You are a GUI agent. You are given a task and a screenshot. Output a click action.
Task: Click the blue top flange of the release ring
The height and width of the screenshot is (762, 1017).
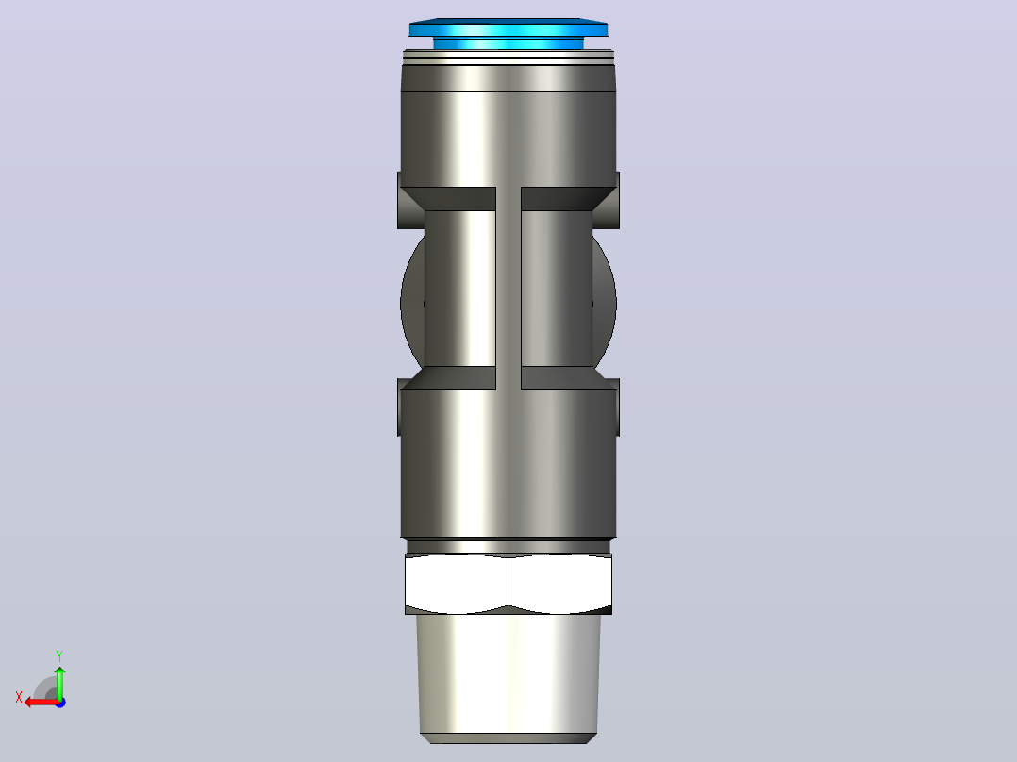508,27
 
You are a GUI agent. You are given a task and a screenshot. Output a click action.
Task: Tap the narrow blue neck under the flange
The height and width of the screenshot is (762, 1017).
508,43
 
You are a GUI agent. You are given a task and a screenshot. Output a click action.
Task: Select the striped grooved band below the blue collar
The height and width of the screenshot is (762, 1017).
508,58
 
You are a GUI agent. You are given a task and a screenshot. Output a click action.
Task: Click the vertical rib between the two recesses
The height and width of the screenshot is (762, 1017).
508,289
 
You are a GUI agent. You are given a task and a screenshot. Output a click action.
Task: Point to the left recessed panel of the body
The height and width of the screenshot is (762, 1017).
459,289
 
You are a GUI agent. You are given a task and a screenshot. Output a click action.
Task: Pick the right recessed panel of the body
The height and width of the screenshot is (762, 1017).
557,289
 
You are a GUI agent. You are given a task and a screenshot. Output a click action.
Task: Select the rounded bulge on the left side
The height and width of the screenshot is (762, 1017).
412,303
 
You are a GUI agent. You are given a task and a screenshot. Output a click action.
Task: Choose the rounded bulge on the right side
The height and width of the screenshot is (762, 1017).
605,303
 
